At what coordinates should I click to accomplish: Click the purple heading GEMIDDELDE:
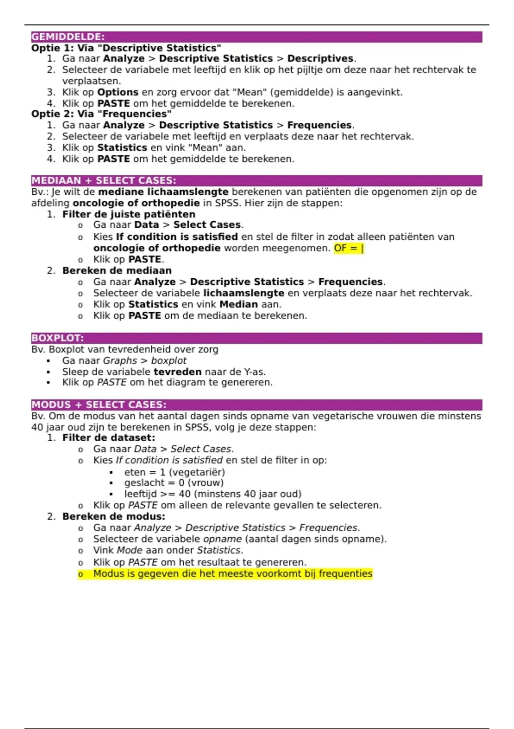point(68,37)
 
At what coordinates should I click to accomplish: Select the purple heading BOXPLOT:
point(57,338)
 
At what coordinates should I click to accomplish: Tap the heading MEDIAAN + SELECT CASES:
point(103,181)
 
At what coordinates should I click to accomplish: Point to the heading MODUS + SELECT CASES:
point(99,405)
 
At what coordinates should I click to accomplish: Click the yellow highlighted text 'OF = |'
point(349,248)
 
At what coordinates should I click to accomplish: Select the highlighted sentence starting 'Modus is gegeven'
point(233,574)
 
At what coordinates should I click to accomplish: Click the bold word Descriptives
point(320,59)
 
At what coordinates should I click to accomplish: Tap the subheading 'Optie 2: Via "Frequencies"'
point(102,114)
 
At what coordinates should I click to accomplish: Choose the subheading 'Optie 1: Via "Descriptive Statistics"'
point(126,48)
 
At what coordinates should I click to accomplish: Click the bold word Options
point(118,92)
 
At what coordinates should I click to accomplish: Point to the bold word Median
point(239,304)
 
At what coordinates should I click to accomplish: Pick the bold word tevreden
point(177,372)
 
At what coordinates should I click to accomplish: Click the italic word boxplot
point(169,361)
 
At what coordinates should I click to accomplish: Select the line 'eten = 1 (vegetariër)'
point(174,472)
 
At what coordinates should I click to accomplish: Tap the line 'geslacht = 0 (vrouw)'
point(174,483)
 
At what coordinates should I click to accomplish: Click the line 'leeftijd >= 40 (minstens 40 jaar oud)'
point(213,494)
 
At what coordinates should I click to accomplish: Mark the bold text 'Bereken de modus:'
point(114,516)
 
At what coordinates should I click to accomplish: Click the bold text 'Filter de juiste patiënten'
point(128,214)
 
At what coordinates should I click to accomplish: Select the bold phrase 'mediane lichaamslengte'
point(163,192)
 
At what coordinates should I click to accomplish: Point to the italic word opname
point(222,539)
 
